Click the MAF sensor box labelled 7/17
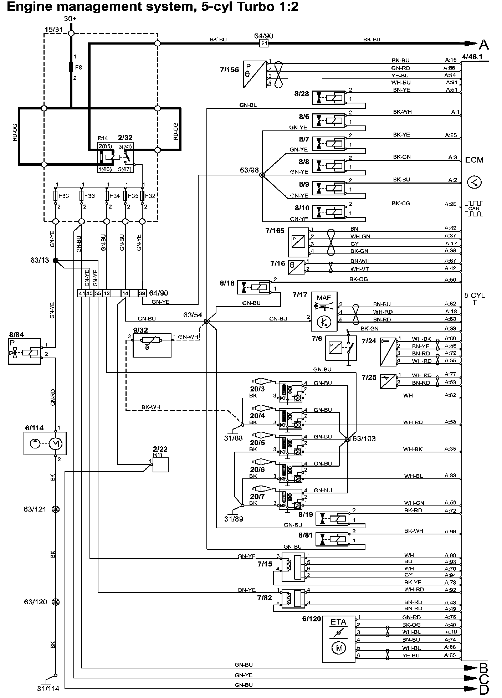coord(324,312)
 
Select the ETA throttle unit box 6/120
coord(339,639)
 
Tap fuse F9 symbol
coord(71,67)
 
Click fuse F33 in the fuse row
coord(56,196)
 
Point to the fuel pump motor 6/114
coord(45,443)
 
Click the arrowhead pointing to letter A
coord(471,43)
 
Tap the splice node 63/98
coord(262,175)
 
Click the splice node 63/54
coord(206,321)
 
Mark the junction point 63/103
coord(347,440)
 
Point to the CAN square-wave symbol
coord(474,209)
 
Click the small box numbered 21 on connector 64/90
coord(264,43)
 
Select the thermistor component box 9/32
coord(152,345)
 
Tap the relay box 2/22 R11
coord(160,465)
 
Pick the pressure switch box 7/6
coord(340,347)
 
